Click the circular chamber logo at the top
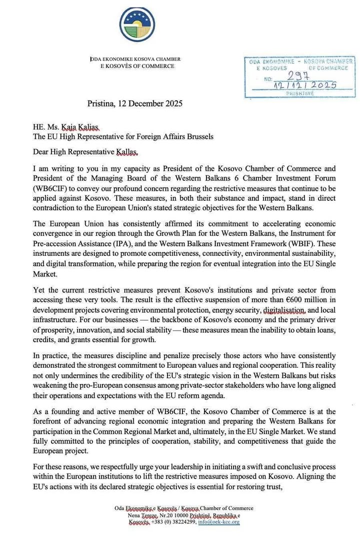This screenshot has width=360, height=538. click(137, 24)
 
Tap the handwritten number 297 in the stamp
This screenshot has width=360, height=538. click(299, 75)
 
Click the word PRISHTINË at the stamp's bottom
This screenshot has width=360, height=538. click(300, 93)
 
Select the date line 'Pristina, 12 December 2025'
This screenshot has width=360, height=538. click(134, 104)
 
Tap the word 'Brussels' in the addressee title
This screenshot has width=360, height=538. click(198, 136)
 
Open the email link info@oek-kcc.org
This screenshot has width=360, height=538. click(219, 523)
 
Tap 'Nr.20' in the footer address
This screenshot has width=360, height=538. click(173, 516)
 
